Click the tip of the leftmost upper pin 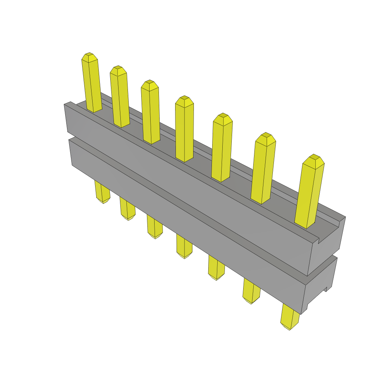click(89, 57)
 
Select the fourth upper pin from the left click(184, 130)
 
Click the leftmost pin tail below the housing click(102, 193)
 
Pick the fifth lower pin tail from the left click(216, 268)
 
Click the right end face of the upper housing click(326, 245)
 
